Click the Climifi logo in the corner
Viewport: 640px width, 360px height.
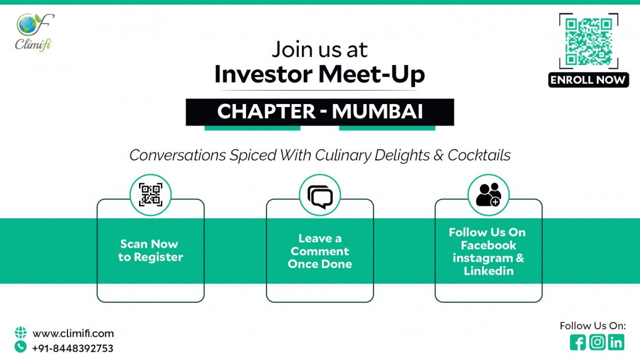point(35,32)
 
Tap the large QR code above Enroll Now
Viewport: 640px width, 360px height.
point(588,41)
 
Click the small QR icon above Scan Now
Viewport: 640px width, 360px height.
point(150,195)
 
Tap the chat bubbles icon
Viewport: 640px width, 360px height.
point(319,195)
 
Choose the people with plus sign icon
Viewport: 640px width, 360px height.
point(488,195)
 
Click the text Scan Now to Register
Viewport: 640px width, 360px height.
point(150,251)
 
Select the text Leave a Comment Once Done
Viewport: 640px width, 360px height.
point(319,251)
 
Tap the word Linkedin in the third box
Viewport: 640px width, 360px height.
point(488,271)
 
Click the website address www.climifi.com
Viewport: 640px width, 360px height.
point(73,334)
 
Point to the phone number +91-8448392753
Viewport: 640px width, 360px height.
point(73,348)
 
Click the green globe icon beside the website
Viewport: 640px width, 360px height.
point(21,333)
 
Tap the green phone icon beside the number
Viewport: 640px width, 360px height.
point(21,347)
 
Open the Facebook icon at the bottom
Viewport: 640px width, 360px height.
point(578,343)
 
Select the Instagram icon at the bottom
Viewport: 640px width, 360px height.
point(597,343)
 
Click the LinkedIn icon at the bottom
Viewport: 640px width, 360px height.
point(616,343)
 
